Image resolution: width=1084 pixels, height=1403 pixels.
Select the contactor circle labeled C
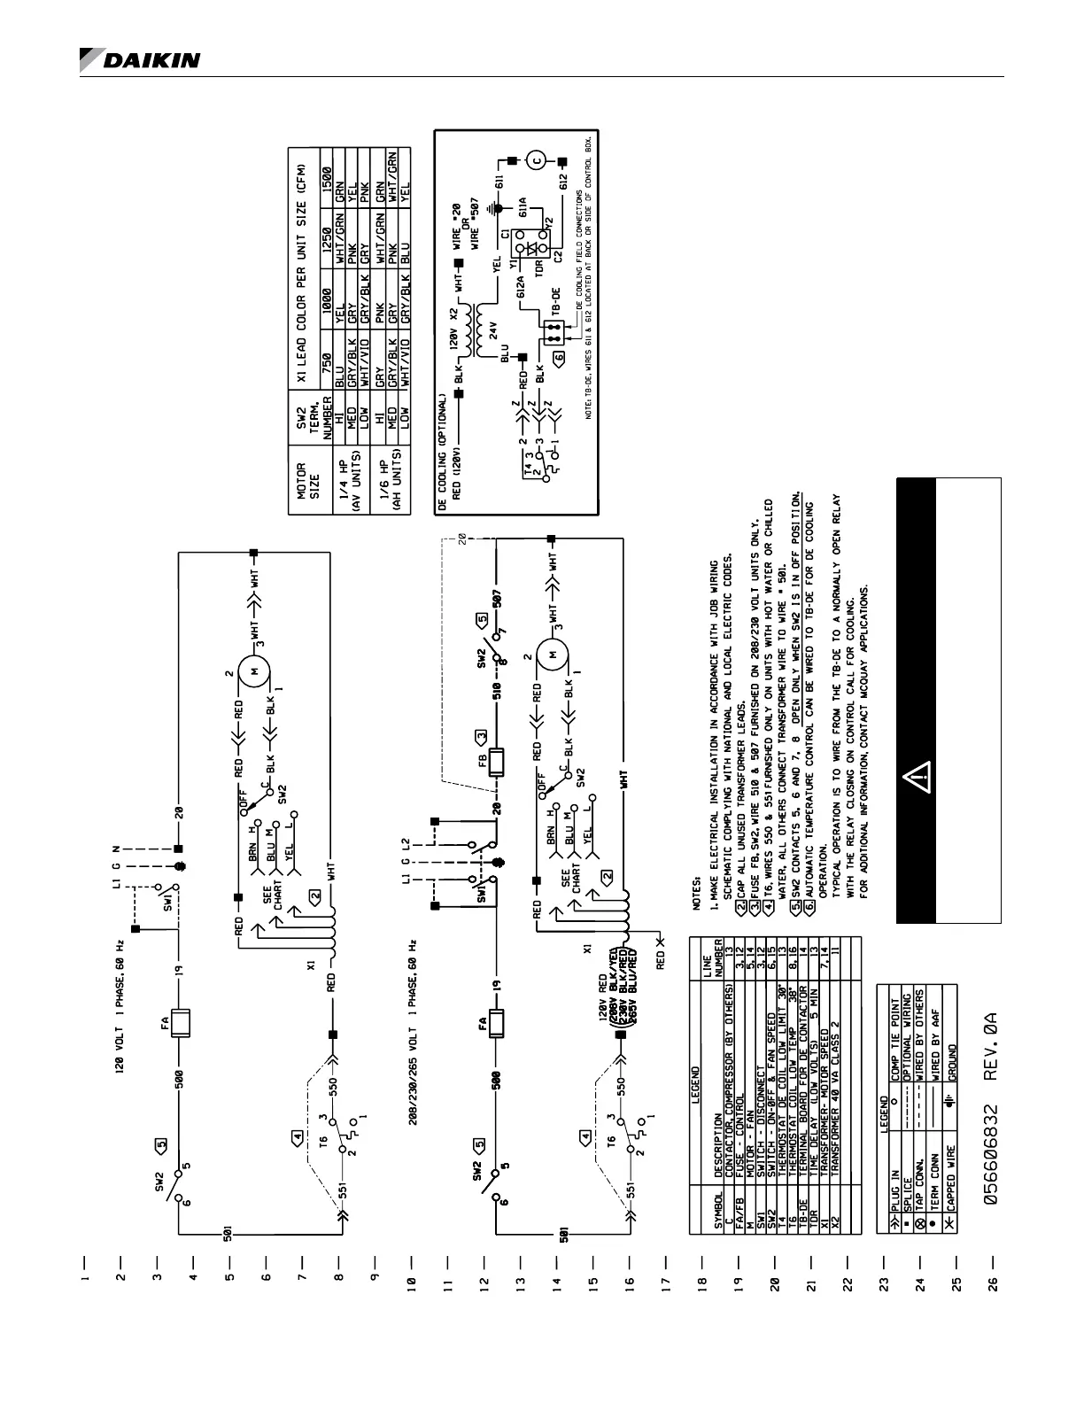[x=537, y=161]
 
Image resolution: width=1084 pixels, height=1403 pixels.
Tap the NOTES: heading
[x=696, y=903]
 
